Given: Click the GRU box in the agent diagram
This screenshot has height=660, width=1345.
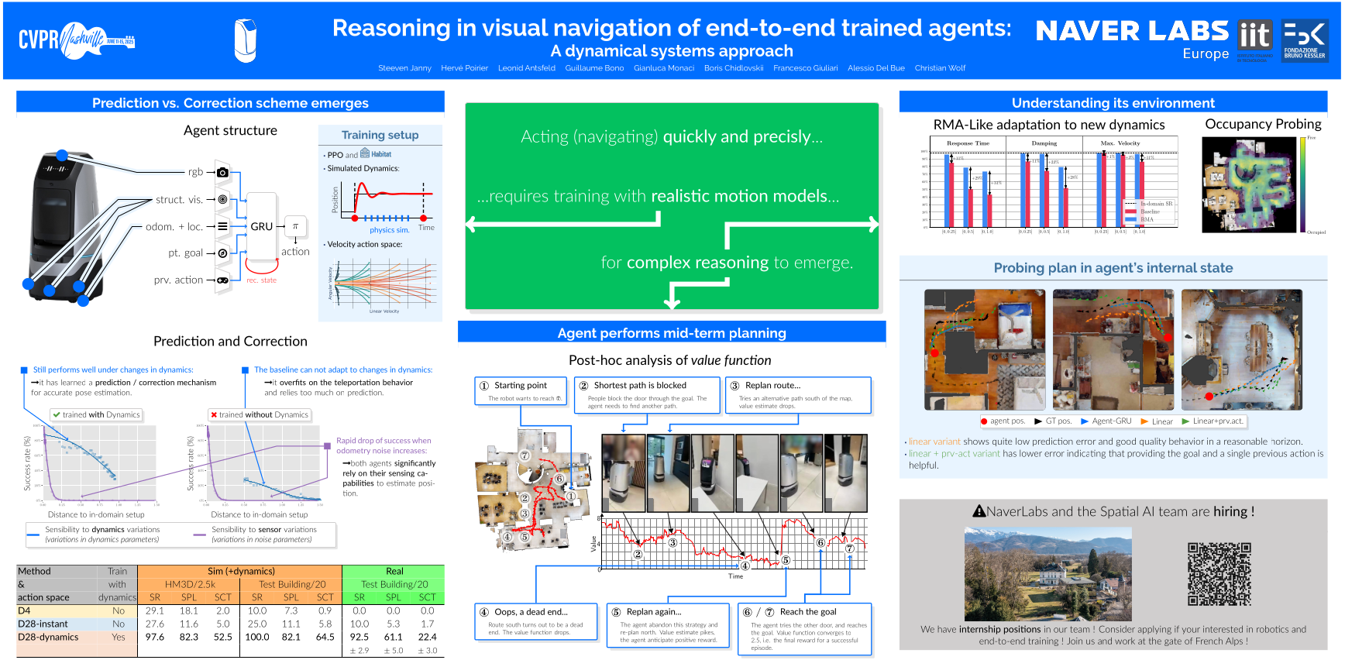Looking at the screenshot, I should [x=262, y=226].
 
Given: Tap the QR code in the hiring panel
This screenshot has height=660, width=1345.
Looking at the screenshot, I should [x=1219, y=574].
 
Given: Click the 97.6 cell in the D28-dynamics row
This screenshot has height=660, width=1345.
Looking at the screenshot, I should [x=155, y=637].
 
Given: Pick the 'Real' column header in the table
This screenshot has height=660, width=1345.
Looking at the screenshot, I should [x=394, y=571].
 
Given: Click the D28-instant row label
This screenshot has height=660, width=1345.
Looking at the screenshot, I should [x=43, y=624].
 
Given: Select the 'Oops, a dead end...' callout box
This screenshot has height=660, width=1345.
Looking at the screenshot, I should [x=536, y=621].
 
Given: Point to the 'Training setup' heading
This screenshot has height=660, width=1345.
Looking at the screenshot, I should [x=380, y=135].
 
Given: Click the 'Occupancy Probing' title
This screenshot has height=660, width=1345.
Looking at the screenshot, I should [x=1263, y=124].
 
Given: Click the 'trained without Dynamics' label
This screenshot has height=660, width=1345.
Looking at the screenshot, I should [x=260, y=414].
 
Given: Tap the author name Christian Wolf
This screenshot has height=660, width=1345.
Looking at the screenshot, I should [x=940, y=68].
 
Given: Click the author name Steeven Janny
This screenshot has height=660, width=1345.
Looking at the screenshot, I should [x=404, y=68].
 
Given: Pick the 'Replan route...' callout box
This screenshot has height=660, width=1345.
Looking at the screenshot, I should [x=798, y=394].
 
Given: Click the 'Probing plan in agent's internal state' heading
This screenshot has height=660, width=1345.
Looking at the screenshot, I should [x=1113, y=268].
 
